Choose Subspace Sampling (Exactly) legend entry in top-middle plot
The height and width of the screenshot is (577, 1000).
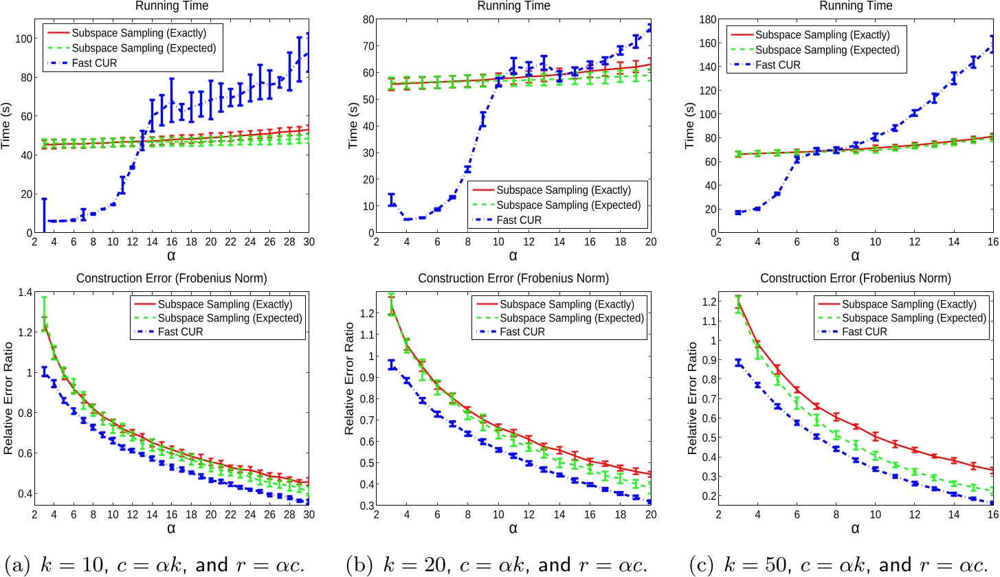564,190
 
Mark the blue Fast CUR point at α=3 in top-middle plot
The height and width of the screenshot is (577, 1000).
391,200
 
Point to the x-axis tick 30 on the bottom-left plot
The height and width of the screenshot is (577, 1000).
307,514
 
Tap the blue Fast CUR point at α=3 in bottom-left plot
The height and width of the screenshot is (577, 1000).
44,372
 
